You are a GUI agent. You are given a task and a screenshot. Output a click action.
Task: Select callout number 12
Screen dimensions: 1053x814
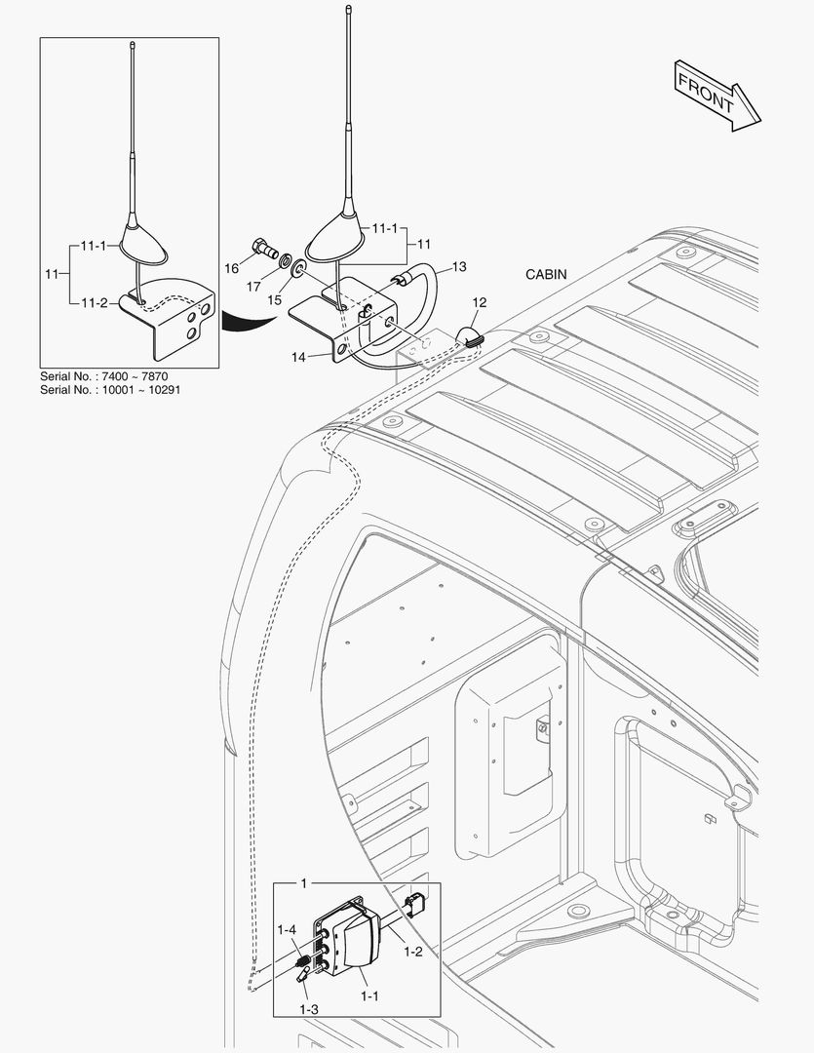[x=480, y=303]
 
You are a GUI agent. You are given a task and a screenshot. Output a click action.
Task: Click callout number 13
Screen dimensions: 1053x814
[x=459, y=265]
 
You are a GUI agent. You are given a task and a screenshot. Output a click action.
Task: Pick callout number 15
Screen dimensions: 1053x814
[x=275, y=299]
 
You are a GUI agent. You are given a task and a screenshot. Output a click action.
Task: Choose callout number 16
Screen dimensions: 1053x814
[x=232, y=266]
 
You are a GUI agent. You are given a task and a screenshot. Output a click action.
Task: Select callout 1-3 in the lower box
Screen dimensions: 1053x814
[x=309, y=1009]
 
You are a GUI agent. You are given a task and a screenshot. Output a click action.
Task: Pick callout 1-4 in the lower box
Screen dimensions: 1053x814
[x=288, y=930]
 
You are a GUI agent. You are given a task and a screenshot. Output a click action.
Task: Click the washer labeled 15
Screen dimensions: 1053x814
[x=299, y=267]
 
